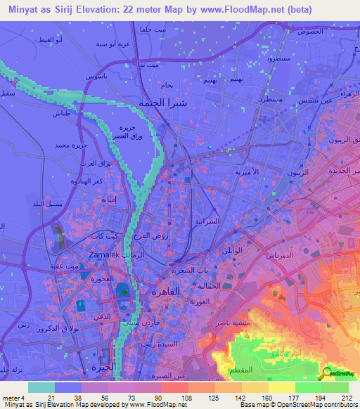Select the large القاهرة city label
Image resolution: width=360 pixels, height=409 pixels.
167,291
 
